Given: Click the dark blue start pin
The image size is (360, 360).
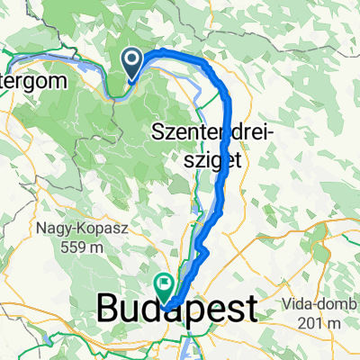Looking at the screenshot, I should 131,62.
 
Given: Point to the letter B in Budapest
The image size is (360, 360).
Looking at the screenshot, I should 106,310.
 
